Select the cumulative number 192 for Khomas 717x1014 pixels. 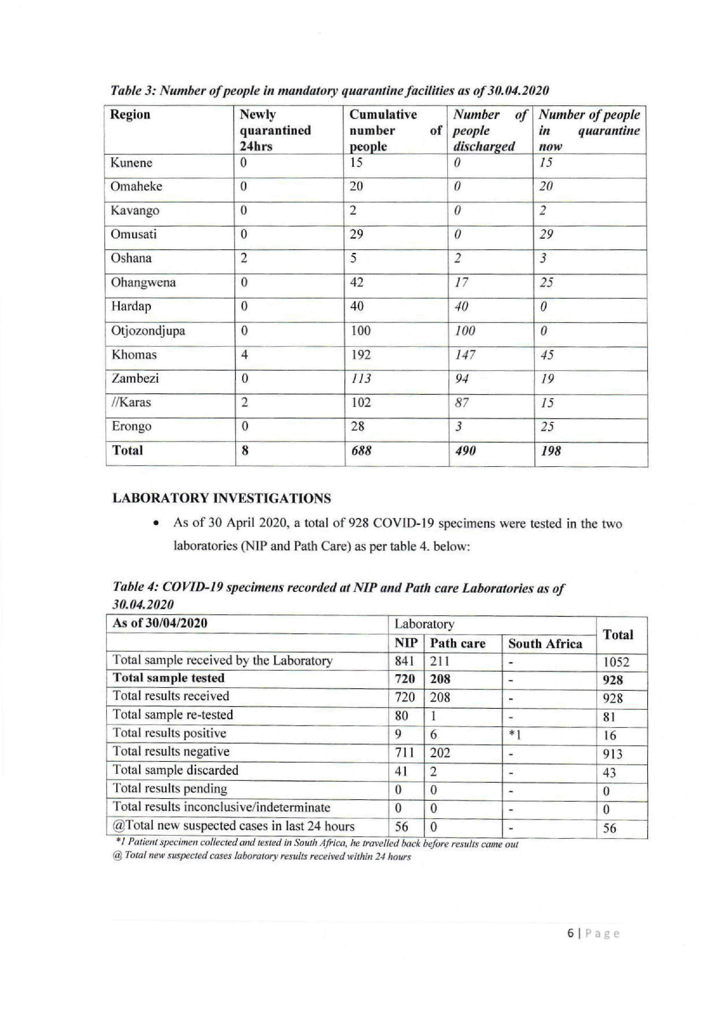[x=361, y=355]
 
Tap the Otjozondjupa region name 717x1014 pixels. [x=148, y=331]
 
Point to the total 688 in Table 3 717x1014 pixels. [x=361, y=451]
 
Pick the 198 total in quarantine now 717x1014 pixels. [x=550, y=451]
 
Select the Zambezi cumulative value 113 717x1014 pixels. [x=361, y=379]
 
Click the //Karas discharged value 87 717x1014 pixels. [x=462, y=403]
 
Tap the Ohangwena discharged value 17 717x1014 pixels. [x=461, y=283]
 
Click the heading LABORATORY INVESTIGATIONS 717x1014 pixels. [x=222, y=499]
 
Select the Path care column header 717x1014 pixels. [x=458, y=644]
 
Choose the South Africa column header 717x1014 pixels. [x=545, y=644]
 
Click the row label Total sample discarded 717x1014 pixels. [x=175, y=770]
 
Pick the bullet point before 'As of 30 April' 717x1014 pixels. [x=155, y=524]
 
